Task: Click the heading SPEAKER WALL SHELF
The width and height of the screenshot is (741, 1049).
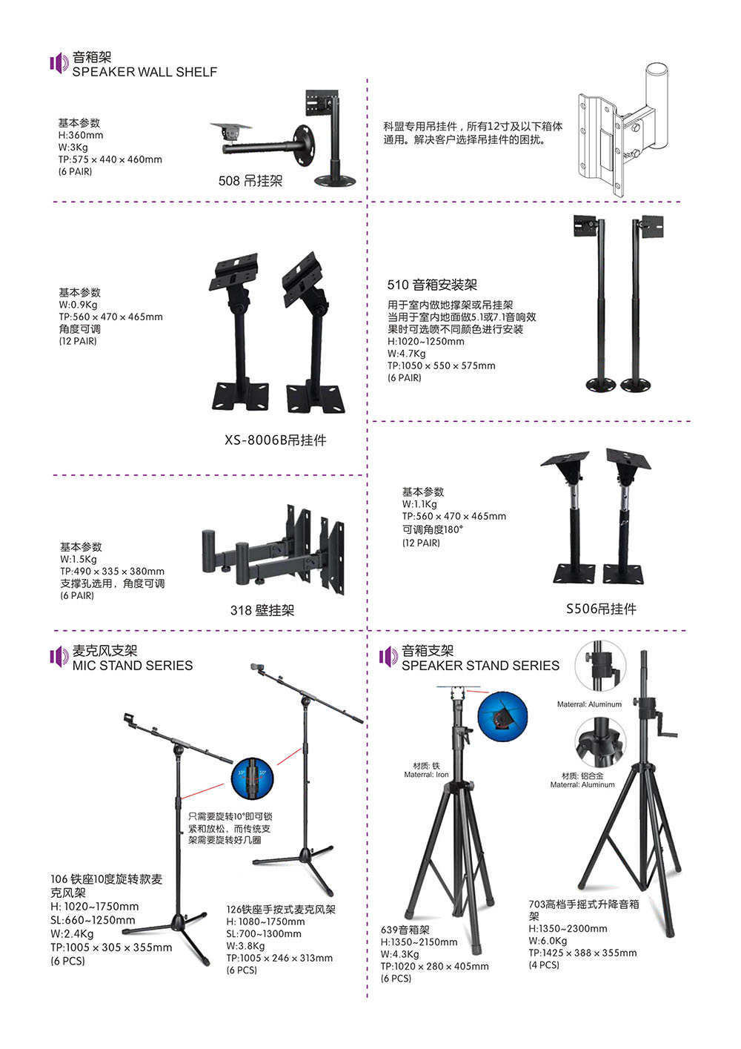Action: tap(144, 72)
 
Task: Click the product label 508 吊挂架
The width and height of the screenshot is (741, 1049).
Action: tap(250, 181)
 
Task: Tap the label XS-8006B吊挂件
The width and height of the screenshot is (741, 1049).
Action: tap(276, 440)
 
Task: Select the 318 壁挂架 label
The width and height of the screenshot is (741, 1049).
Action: tap(262, 610)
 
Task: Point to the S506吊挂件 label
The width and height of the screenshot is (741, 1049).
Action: tap(601, 609)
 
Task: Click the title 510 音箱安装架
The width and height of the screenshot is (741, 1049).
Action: tap(432, 285)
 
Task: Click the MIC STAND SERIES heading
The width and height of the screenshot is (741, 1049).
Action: tap(132, 666)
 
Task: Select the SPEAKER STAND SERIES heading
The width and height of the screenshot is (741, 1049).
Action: tap(480, 666)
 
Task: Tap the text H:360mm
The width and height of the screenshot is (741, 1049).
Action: tap(81, 136)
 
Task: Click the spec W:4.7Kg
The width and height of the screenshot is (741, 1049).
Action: tap(407, 354)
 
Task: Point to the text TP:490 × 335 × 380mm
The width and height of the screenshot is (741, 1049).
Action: tap(113, 572)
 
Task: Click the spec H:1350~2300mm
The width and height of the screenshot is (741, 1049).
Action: tap(568, 928)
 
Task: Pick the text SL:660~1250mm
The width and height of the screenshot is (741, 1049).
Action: tap(93, 920)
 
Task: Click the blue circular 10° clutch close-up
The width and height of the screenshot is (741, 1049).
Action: tap(252, 778)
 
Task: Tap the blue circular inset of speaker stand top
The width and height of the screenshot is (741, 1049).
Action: tap(502, 716)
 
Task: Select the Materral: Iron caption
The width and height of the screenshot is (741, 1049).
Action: tap(426, 775)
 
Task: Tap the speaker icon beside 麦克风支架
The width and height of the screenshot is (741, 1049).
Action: tap(59, 656)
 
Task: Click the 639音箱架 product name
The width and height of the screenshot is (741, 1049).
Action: tap(405, 930)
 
